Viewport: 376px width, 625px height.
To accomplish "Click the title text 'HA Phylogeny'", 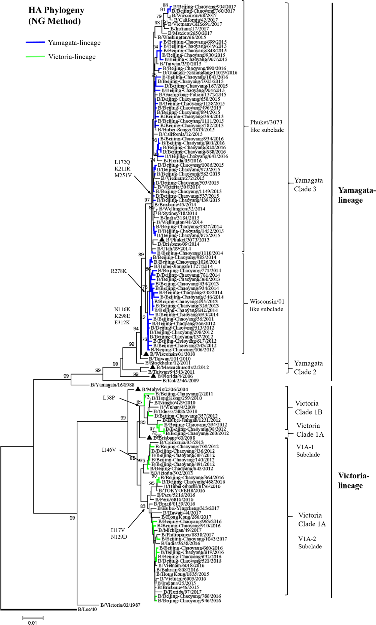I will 56,10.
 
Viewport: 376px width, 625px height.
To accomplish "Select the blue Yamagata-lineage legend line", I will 35,43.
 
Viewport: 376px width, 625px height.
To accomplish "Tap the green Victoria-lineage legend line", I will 35,57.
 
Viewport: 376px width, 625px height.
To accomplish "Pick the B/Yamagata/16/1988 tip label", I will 112,385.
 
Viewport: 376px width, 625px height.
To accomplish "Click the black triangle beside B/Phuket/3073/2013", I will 162,239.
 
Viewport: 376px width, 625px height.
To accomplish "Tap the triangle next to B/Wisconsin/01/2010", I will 146,354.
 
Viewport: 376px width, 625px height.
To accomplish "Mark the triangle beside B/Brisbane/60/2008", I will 149,437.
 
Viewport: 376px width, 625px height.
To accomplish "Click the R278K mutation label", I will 119,271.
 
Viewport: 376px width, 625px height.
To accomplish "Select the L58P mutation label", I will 109,398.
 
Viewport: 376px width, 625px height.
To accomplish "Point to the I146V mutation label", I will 109,450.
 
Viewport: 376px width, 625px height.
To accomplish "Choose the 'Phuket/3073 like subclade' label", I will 267,126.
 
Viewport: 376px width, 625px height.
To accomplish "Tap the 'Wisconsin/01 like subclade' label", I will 267,305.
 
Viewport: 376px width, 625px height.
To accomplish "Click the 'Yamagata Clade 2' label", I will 308,367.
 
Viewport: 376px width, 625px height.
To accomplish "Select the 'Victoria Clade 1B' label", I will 308,407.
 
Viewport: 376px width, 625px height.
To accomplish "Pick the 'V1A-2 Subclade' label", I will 310,542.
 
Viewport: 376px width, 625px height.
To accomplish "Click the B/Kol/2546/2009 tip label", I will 180,381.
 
